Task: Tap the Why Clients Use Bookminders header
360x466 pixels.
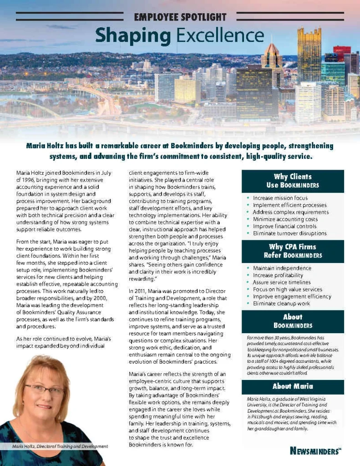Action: tap(293, 181)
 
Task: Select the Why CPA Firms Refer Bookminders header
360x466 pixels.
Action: tap(293, 251)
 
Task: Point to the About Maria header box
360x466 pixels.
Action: tap(293, 386)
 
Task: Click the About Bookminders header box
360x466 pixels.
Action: tap(293, 321)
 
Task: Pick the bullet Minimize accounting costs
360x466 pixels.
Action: tap(285, 219)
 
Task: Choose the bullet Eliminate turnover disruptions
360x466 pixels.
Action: tap(289, 233)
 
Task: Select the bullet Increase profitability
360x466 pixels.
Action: tap(278, 275)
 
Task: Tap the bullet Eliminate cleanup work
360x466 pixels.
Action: tap(281, 304)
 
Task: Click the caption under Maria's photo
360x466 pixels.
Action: tap(60, 446)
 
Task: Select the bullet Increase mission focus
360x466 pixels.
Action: tap(280, 198)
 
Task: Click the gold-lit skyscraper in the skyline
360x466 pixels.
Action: tap(309, 55)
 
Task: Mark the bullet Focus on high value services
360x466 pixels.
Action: tap(287, 289)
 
